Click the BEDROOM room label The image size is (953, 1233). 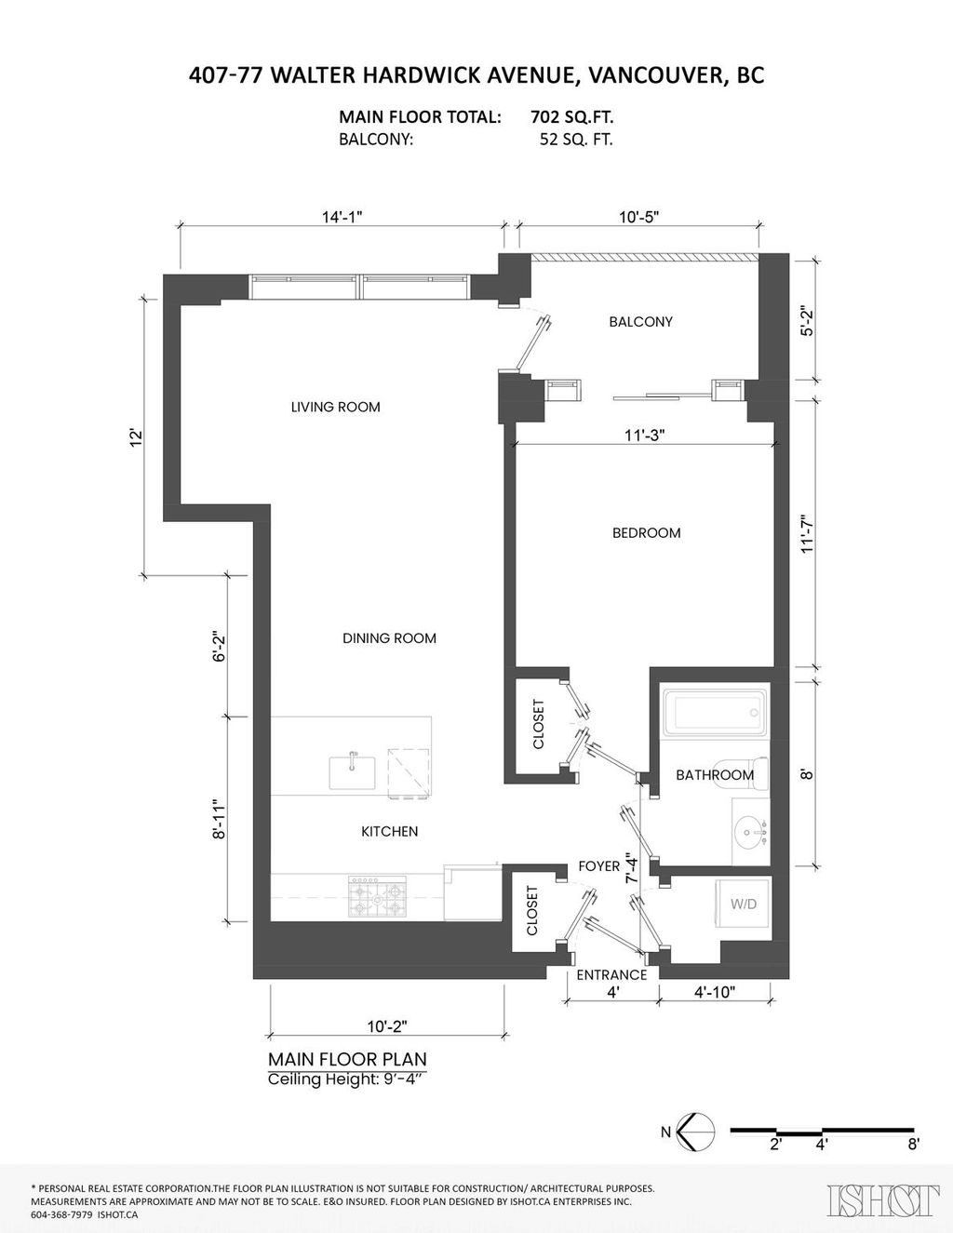[646, 533]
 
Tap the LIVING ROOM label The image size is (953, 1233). [335, 407]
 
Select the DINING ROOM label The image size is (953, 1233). [389, 638]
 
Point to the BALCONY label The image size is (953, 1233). [640, 322]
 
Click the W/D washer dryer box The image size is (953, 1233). [743, 904]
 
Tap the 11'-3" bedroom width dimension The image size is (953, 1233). [644, 434]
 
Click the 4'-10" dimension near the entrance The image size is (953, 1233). [715, 992]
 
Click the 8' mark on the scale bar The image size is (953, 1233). [913, 1145]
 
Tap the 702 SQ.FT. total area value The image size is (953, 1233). [571, 118]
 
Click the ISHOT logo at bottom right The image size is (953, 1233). [882, 1199]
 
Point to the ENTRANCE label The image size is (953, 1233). [611, 975]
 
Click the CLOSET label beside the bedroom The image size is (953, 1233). [539, 724]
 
